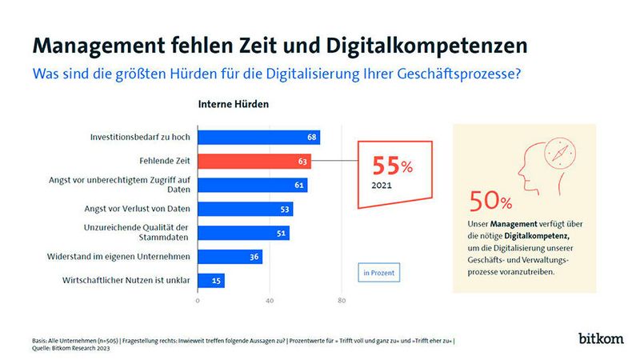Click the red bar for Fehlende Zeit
pos(254,161)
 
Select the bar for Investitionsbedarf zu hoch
pos(258,138)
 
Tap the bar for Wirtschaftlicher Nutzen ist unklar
pos(210,281)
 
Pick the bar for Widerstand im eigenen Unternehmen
pos(230,257)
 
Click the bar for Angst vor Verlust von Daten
pos(245,209)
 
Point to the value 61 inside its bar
pos(299,186)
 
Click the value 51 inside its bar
pos(281,233)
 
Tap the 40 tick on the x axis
pos(270,302)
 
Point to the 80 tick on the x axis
pos(342,302)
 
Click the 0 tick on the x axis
pos(198,302)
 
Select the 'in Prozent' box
pos(378,273)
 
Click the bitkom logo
pos(600,338)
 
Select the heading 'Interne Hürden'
pos(234,104)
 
